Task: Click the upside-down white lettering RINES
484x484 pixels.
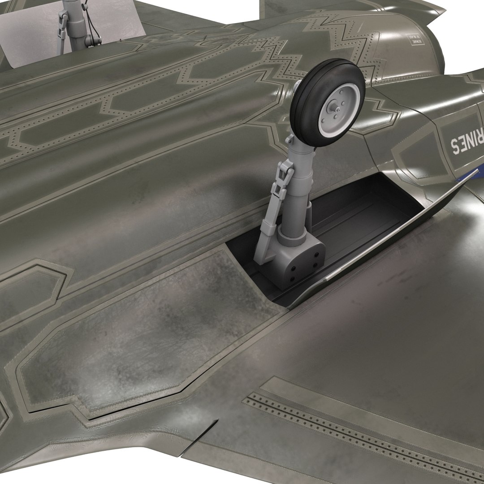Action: click(466, 143)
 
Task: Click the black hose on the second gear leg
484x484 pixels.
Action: click(92, 34)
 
